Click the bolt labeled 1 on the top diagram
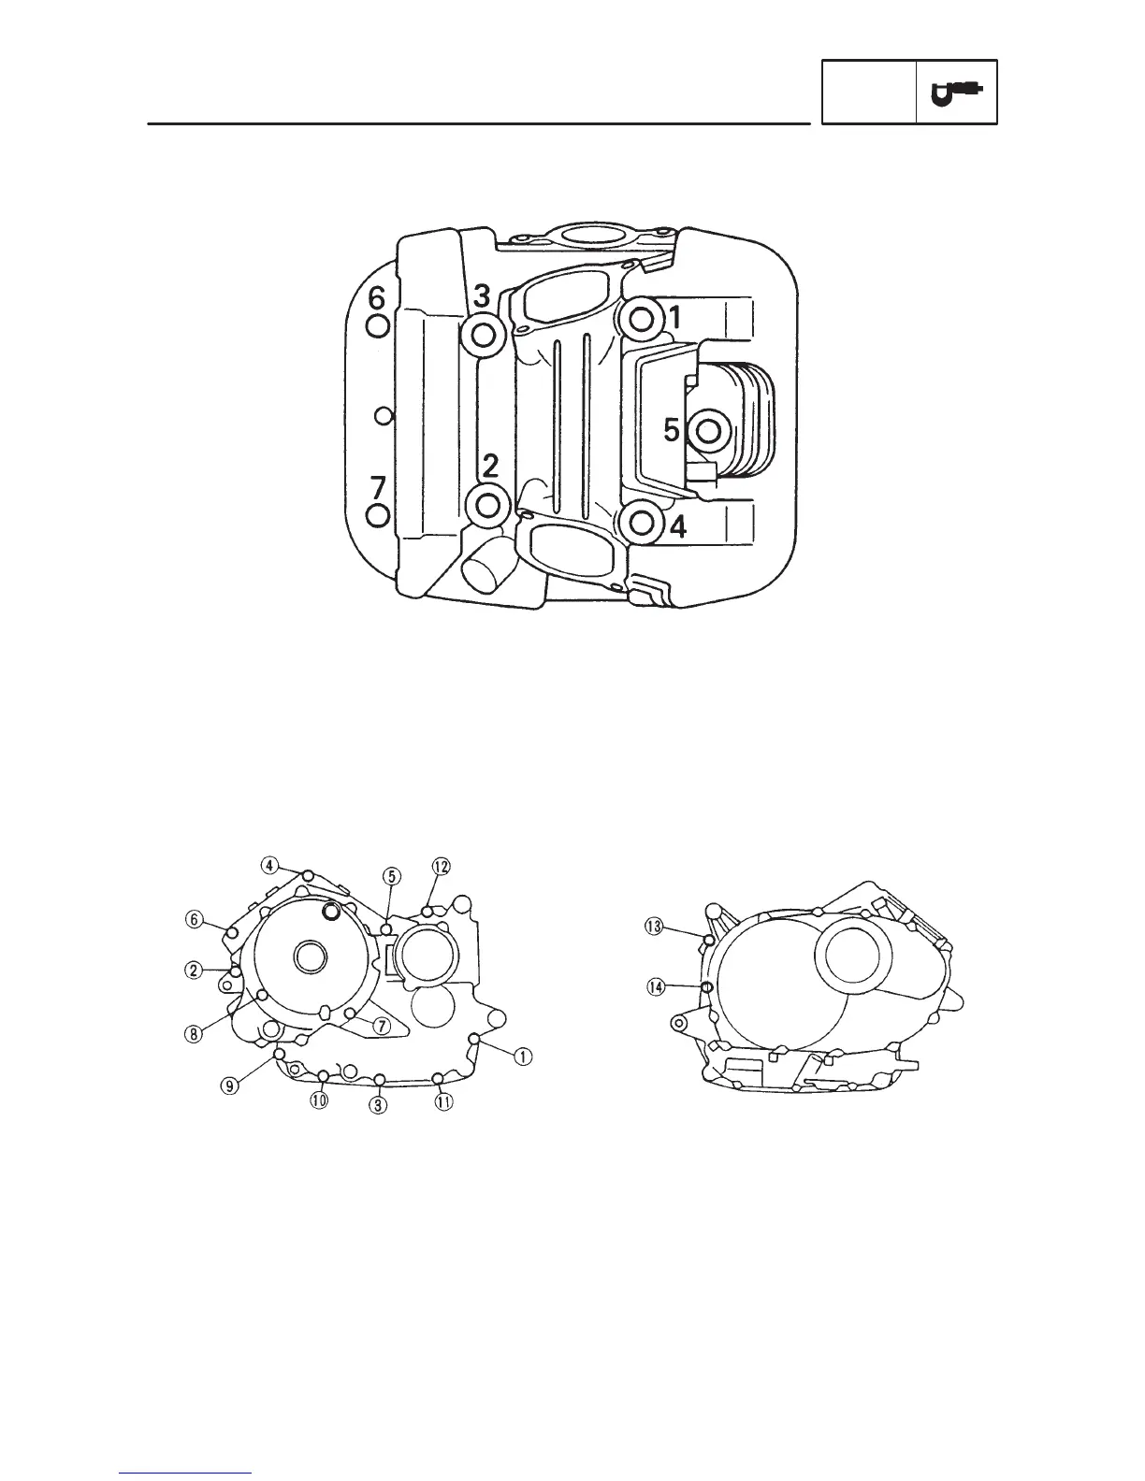point(642,318)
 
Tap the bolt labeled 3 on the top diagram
point(484,335)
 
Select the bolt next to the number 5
point(708,431)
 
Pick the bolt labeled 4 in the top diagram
point(642,524)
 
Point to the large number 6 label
point(377,298)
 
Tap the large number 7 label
point(378,488)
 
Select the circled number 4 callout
point(269,866)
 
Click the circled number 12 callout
point(441,867)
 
